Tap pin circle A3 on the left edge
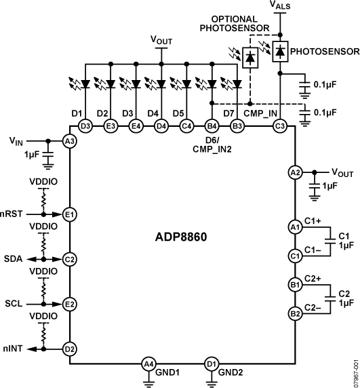click(68, 140)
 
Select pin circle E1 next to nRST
click(68, 214)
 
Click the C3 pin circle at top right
click(279, 125)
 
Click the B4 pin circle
click(212, 125)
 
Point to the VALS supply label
click(280, 6)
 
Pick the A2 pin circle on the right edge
click(294, 173)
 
